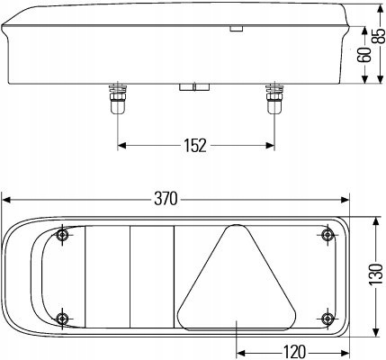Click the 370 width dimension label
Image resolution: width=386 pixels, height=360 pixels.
166,199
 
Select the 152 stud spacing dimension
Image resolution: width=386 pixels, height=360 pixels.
195,146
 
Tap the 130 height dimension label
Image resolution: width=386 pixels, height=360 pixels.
376,274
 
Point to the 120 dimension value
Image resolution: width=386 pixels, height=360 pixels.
294,352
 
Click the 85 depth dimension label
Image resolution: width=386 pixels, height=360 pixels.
380,36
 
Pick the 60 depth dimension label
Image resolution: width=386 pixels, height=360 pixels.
364,55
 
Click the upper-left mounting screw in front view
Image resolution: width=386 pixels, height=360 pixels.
63,235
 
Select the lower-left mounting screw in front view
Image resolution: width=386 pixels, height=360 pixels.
63,318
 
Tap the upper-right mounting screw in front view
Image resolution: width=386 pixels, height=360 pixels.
327,234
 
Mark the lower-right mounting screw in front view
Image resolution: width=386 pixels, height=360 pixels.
327,318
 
